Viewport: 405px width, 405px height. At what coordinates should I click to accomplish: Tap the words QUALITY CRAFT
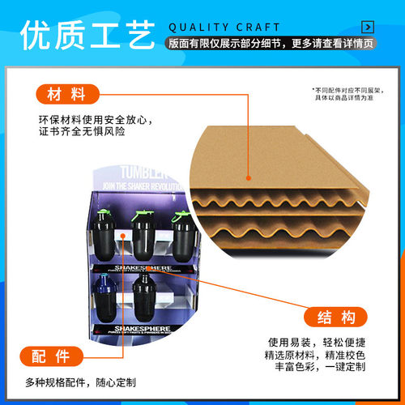click(x=224, y=27)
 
